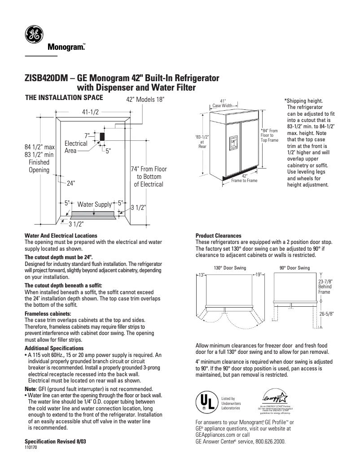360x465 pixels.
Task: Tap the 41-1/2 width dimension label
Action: pyautogui.click(x=90, y=112)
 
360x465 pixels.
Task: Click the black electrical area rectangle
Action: pyautogui.click(x=102, y=136)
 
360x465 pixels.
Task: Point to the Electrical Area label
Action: pyautogui.click(x=76, y=147)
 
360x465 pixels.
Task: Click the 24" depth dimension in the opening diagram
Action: pyautogui.click(x=71, y=183)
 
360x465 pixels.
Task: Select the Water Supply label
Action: pyautogui.click(x=94, y=204)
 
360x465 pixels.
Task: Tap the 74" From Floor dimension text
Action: pyautogui.click(x=149, y=177)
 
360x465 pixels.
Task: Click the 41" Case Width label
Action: pyautogui.click(x=222, y=104)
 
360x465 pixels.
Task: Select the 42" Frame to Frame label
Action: pyautogui.click(x=244, y=178)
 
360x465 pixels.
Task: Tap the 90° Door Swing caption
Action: pyautogui.click(x=294, y=268)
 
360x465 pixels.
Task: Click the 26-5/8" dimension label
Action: pyautogui.click(x=326, y=314)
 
